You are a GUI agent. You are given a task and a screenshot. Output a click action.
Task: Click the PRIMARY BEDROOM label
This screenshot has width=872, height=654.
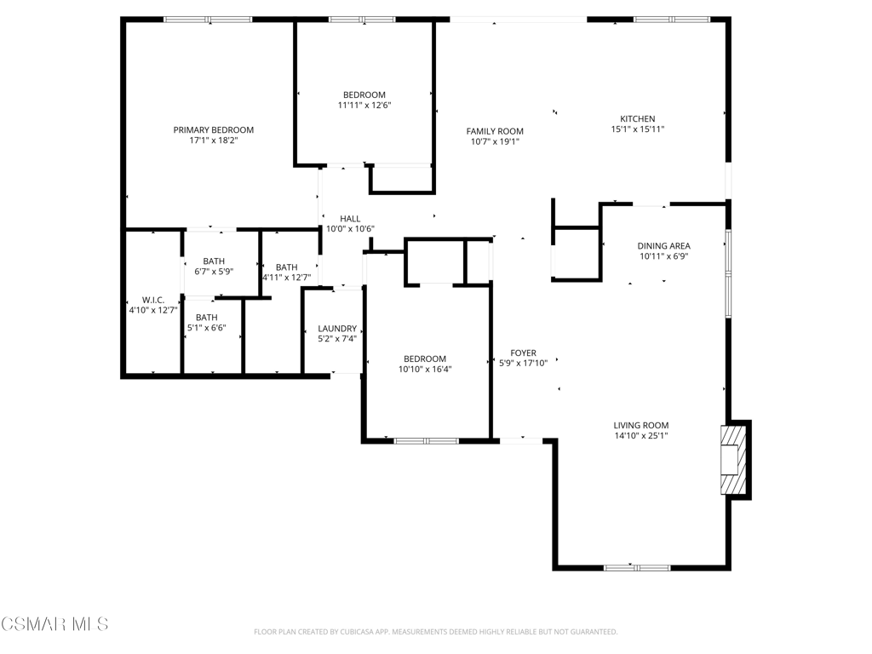pyautogui.click(x=214, y=130)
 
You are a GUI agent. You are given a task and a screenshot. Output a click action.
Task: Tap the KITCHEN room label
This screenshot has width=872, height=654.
pyautogui.click(x=638, y=118)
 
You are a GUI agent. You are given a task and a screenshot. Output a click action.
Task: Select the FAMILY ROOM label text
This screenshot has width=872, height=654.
pyautogui.click(x=495, y=131)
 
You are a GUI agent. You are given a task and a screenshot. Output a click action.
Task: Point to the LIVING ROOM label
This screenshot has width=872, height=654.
pyautogui.click(x=641, y=426)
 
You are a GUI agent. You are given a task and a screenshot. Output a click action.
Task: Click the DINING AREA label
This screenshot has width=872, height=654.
pyautogui.click(x=664, y=246)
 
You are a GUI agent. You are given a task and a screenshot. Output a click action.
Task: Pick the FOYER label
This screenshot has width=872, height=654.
pyautogui.click(x=524, y=353)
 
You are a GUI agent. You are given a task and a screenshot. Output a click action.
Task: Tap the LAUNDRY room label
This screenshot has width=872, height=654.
pyautogui.click(x=337, y=329)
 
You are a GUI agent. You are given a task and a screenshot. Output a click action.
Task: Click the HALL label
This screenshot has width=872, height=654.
pyautogui.click(x=350, y=219)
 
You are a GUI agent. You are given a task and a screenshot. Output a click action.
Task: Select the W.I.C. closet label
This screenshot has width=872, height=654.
pyautogui.click(x=153, y=301)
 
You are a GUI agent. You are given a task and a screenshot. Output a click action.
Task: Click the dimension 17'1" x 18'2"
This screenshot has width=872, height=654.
pyautogui.click(x=214, y=141)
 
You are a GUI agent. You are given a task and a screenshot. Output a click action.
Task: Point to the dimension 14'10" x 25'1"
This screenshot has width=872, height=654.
pyautogui.click(x=641, y=436)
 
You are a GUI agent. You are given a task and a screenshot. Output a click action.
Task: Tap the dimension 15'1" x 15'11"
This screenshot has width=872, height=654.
pyautogui.click(x=638, y=129)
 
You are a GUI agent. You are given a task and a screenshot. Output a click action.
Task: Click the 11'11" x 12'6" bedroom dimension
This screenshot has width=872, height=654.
pyautogui.click(x=364, y=105)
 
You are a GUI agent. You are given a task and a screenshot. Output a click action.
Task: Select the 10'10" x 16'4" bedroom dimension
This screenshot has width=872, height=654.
pyautogui.click(x=425, y=370)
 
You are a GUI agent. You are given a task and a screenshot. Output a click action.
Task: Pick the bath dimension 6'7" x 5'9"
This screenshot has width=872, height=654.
pyautogui.click(x=214, y=272)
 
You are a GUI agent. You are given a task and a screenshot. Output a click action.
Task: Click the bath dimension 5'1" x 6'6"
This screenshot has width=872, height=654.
pyautogui.click(x=207, y=328)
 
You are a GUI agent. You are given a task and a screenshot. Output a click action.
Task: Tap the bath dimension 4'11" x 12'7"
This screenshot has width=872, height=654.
pyautogui.click(x=287, y=278)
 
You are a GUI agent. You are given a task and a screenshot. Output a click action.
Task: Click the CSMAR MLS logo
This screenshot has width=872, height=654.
pyautogui.click(x=54, y=624)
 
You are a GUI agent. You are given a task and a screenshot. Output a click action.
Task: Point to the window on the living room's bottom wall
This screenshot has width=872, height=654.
pyautogui.click(x=637, y=568)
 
